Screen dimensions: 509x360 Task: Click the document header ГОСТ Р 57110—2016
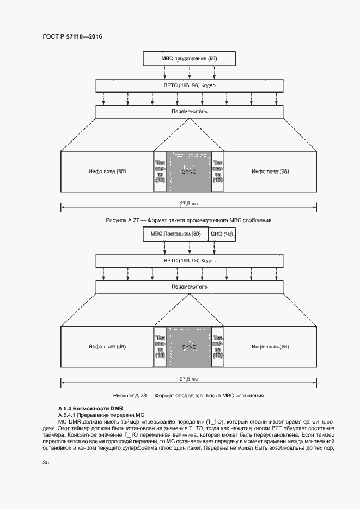click(x=72, y=37)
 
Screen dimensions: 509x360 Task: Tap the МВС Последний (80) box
click(x=174, y=234)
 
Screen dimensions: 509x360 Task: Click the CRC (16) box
click(x=222, y=234)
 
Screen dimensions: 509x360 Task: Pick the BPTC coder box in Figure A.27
click(x=189, y=86)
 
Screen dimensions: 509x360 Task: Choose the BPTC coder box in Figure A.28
click(x=189, y=261)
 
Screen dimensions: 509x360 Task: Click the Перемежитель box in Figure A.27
click(x=189, y=111)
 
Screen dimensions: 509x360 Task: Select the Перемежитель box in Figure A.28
click(x=189, y=286)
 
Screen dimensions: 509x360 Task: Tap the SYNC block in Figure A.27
click(x=189, y=171)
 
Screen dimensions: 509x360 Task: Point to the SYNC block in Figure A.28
click(x=189, y=346)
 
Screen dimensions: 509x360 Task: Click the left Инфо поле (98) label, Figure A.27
click(x=107, y=171)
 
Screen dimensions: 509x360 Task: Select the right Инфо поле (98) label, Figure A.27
click(x=270, y=171)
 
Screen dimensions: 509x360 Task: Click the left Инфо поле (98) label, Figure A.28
click(x=107, y=346)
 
